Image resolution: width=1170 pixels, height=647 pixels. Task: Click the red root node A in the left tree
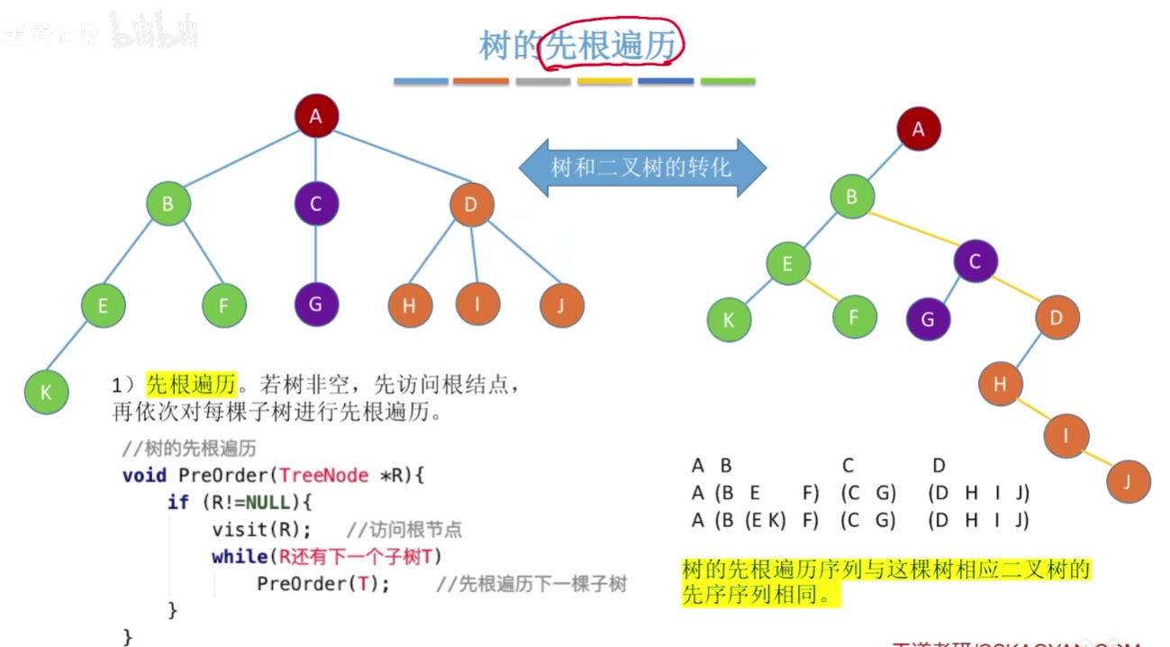(315, 115)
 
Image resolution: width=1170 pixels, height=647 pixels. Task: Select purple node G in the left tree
(315, 304)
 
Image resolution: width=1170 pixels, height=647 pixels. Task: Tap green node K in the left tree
(46, 392)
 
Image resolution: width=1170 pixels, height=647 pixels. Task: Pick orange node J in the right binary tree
(1128, 481)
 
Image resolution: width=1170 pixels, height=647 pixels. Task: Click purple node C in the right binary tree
(976, 261)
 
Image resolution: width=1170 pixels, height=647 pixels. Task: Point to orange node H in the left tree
(410, 305)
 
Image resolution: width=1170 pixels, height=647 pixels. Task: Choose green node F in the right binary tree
(855, 317)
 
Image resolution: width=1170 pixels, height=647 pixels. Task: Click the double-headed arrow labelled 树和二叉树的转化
(641, 168)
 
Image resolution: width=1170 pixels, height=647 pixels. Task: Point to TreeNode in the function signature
(324, 475)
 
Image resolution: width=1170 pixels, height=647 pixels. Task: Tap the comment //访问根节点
(404, 530)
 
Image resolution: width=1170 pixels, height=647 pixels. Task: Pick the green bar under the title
(728, 81)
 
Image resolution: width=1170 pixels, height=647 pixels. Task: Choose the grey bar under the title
(543, 81)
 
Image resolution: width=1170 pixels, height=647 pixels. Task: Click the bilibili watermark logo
(154, 32)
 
